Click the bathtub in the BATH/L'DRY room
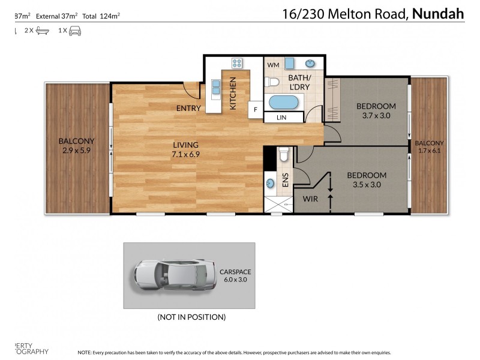point(286,102)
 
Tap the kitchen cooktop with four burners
point(236,63)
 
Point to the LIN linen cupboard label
point(282,118)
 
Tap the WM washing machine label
point(273,64)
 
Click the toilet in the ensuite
point(284,155)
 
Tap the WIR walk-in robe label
point(310,197)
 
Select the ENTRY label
point(188,109)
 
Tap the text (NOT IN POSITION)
point(191,316)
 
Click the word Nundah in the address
point(438,13)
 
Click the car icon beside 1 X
point(75,29)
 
